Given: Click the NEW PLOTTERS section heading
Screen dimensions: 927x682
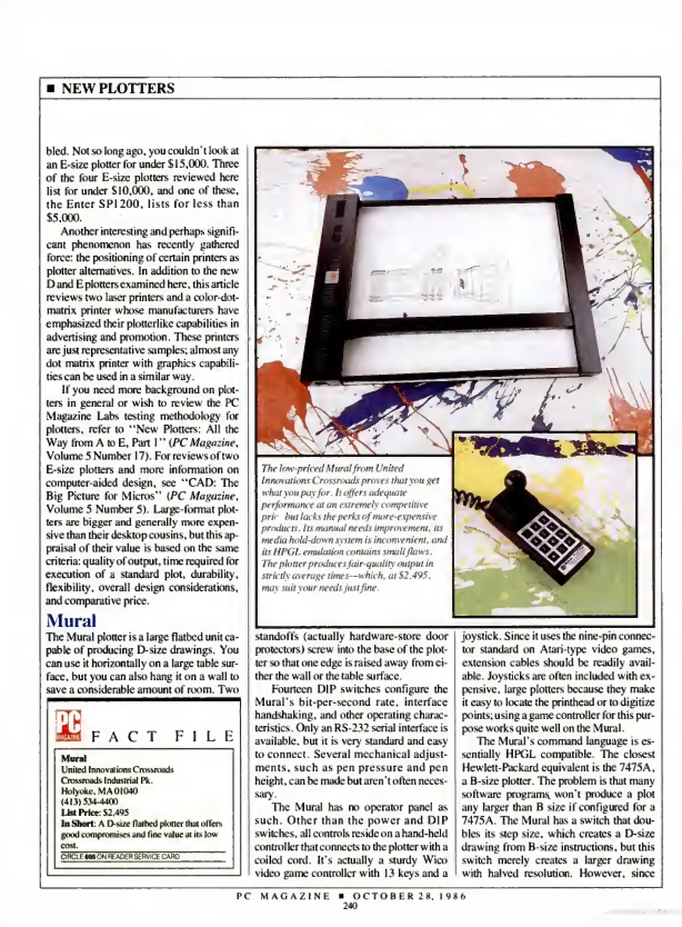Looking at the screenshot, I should point(118,88).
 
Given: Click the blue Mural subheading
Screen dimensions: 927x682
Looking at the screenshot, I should point(71,621).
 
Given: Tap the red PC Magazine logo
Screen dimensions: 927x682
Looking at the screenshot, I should point(68,726).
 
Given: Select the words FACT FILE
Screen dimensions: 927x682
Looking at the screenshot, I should point(163,736).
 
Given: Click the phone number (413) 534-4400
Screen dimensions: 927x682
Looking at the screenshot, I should point(89,802).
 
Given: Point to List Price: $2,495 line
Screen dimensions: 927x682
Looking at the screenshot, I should point(95,812).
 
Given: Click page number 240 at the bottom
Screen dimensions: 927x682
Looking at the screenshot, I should point(350,906).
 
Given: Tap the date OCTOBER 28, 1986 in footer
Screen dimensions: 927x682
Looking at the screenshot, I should point(409,896).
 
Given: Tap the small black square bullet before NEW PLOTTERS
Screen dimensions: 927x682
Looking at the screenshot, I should point(51,89).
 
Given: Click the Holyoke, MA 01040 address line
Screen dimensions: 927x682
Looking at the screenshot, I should point(99,791).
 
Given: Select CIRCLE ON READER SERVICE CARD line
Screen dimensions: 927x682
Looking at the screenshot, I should point(120,857).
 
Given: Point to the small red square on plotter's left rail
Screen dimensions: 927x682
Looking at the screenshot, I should point(332,278).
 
